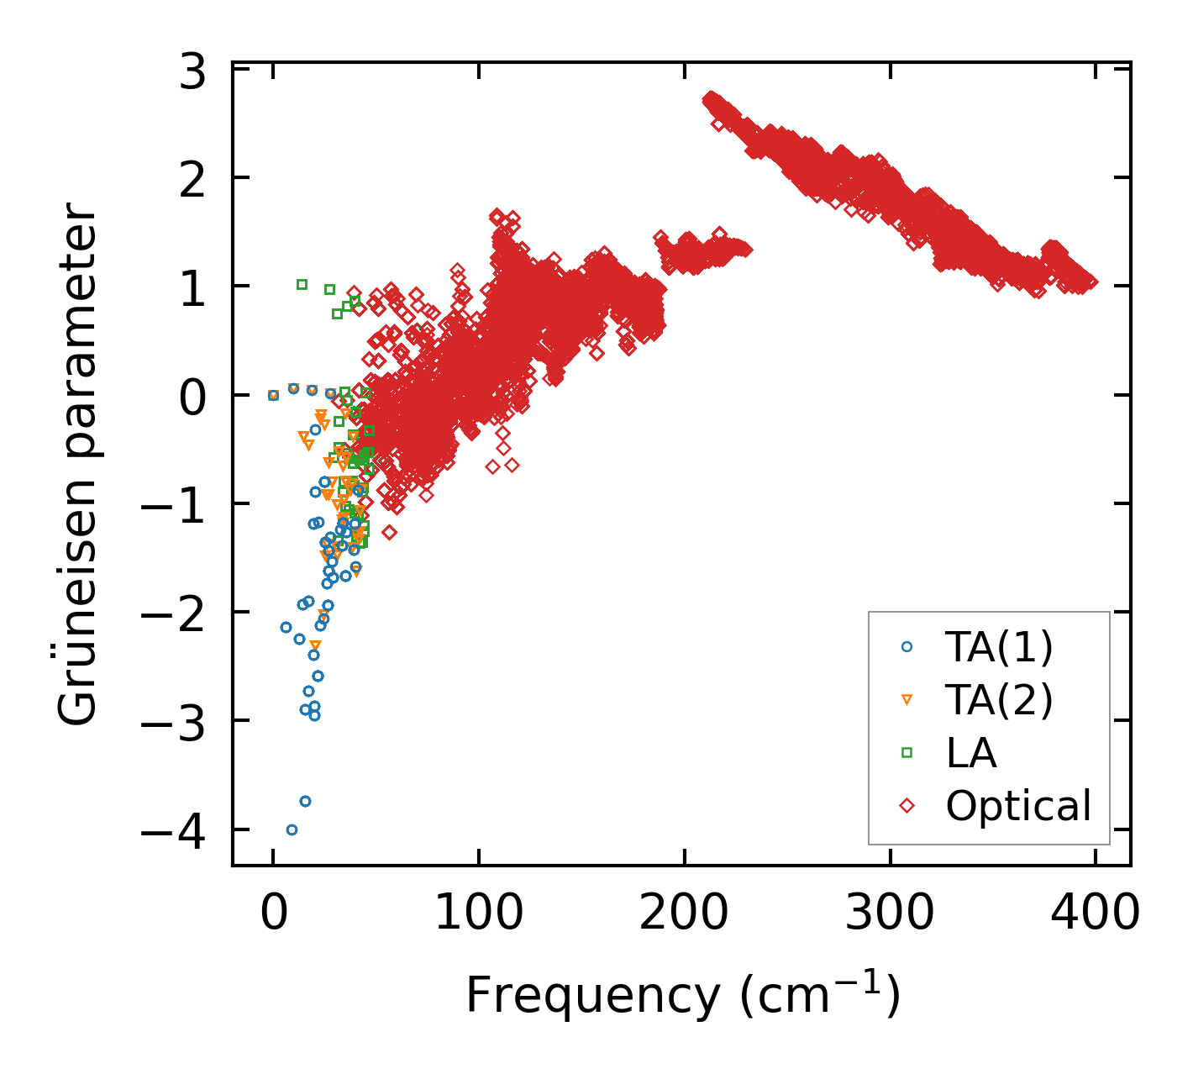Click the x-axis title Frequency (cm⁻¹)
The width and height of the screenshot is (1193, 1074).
682,997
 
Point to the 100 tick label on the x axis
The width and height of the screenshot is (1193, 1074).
478,913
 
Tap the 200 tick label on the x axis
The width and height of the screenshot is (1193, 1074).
683,913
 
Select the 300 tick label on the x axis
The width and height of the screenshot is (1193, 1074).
889,913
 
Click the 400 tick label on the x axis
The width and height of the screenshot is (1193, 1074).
1095,913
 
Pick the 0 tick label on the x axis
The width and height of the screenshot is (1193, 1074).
273,913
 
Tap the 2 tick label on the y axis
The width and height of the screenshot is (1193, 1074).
192,179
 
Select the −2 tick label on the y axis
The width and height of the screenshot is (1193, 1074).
174,615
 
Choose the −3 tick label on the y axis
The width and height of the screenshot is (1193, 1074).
174,724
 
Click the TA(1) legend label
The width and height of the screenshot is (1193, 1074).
999,647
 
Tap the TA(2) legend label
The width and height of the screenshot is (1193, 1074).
999,700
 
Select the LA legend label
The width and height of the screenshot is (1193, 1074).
971,753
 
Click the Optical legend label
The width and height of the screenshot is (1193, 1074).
1018,806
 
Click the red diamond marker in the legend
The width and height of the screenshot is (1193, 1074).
907,806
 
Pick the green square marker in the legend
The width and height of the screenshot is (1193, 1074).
907,753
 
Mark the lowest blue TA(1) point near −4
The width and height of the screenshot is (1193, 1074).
292,829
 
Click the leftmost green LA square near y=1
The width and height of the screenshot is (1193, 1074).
302,284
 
